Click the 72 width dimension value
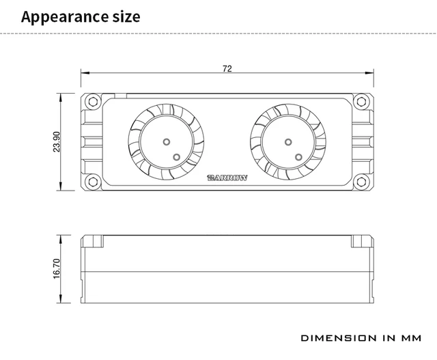click(227, 68)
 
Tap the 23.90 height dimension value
click(57, 141)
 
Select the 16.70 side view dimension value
click(57, 268)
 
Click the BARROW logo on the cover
click(227, 178)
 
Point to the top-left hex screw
click(93, 102)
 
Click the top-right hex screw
click(361, 102)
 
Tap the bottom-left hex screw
click(93, 182)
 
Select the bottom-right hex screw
click(361, 182)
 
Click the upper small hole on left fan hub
click(167, 142)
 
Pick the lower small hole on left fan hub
click(176, 157)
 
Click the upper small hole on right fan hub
click(288, 142)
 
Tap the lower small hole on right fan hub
click(298, 157)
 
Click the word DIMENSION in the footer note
click(339, 338)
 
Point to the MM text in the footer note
click(411, 338)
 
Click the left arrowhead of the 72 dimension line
click(85, 73)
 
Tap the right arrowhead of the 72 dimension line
click(369, 73)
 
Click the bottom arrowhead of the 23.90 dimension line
click(61, 186)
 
